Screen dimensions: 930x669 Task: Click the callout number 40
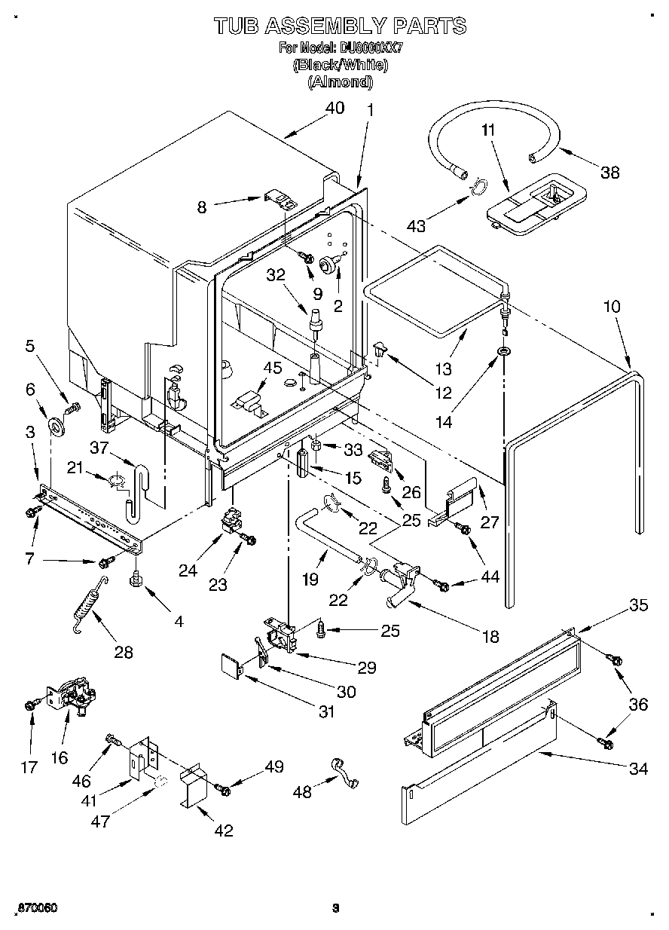click(x=334, y=108)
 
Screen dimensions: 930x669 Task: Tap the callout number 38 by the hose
click(x=609, y=172)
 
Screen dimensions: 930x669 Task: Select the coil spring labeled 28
click(x=89, y=605)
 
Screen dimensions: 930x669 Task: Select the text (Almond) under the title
click(x=340, y=82)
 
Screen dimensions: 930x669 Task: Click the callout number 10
click(x=612, y=307)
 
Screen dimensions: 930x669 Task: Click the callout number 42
click(x=223, y=831)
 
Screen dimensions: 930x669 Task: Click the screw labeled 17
click(x=30, y=704)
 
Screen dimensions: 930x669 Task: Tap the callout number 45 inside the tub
click(x=272, y=368)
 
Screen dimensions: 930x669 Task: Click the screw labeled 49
click(x=224, y=788)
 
